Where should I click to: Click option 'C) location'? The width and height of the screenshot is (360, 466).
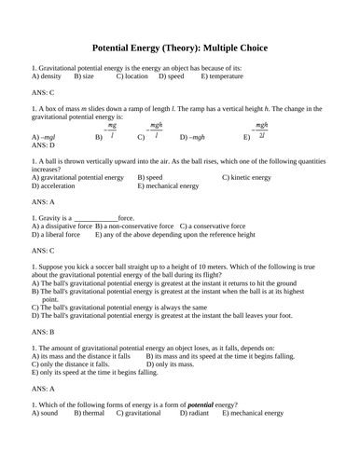[134, 77]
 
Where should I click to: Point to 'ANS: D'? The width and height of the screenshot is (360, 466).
[43, 145]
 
